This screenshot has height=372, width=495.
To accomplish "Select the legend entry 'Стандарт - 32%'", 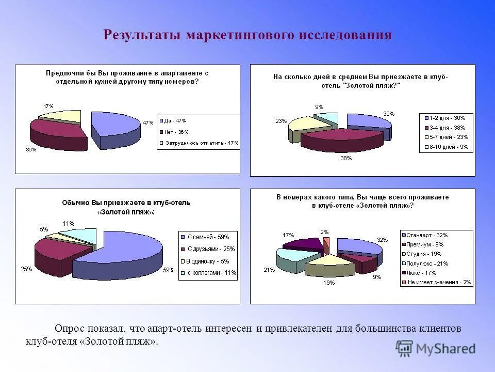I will click(x=427, y=235).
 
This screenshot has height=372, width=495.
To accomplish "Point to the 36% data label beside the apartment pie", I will click(x=31, y=150).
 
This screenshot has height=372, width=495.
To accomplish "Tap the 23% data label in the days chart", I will click(x=281, y=121).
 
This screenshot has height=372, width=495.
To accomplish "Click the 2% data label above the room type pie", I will click(x=324, y=232).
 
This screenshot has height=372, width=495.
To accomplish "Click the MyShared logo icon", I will click(x=405, y=348).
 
